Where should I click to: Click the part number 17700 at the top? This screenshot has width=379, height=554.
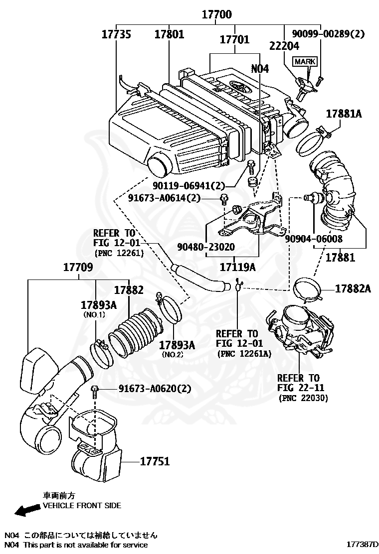(x=216, y=15)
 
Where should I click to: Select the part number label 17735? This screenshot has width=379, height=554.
(x=117, y=34)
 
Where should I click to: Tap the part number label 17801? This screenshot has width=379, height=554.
(x=169, y=34)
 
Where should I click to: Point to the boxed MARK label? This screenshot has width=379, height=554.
(x=305, y=61)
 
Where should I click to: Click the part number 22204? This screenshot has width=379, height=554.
(x=284, y=46)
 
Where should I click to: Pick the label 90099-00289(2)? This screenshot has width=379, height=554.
(x=328, y=34)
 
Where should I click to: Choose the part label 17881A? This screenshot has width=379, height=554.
(x=344, y=114)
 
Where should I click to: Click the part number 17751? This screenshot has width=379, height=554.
(x=154, y=461)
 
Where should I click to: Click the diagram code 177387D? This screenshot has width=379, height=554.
(x=363, y=545)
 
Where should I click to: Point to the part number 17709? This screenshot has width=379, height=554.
(x=77, y=267)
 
